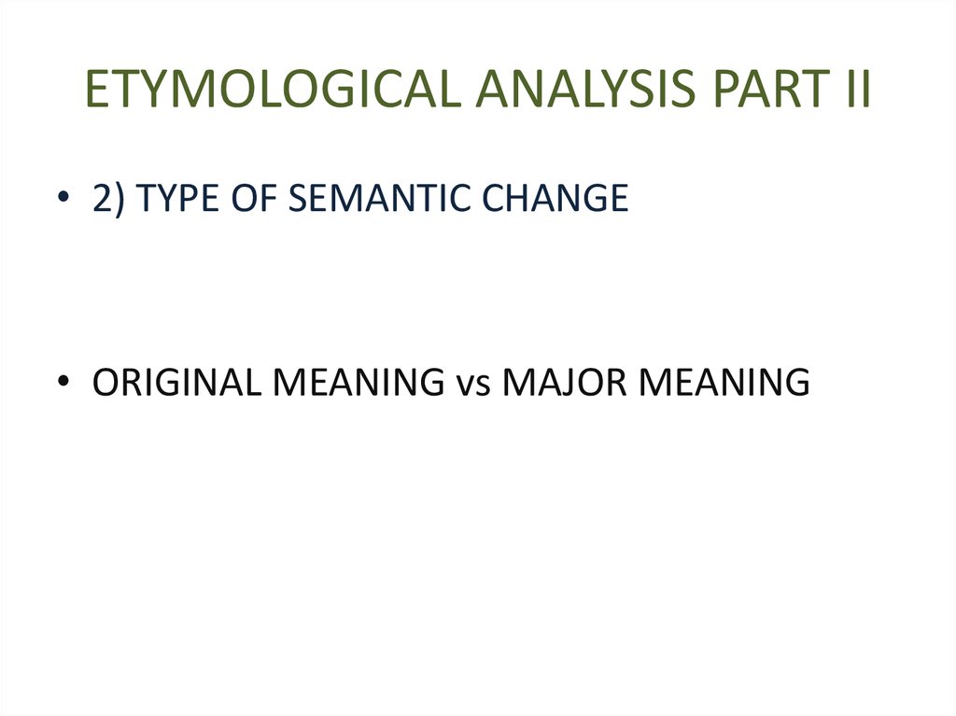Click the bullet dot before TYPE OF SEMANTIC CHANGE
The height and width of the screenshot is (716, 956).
pos(62,200)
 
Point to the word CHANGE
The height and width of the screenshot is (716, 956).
pos(557,198)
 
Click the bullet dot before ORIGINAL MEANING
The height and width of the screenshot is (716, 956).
pos(62,384)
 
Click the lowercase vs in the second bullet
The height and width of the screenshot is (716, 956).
pos(472,384)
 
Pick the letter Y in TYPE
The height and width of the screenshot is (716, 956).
pos(165,198)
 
